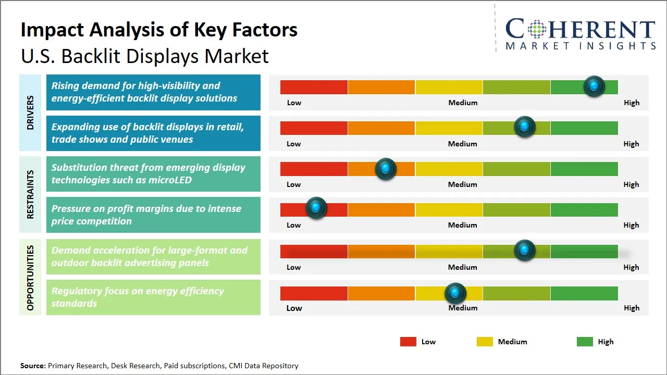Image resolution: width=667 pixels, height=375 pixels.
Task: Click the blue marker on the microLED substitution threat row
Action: [x=386, y=168]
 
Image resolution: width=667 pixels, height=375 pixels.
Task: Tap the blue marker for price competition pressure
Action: [x=316, y=208]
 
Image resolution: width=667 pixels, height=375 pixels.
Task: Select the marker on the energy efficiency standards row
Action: [x=455, y=294]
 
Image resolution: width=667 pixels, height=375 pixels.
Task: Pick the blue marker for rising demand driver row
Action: [x=594, y=86]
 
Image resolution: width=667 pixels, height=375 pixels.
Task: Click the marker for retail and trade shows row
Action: [x=525, y=127]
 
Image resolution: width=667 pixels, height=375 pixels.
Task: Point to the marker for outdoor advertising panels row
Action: [x=525, y=251]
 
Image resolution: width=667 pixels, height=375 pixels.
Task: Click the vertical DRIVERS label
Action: [x=30, y=113]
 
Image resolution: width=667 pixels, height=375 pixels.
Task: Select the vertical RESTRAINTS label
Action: [x=30, y=194]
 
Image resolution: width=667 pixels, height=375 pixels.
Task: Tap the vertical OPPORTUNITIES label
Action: [x=30, y=278]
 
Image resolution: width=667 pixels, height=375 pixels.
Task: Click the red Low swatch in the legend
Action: [x=408, y=342]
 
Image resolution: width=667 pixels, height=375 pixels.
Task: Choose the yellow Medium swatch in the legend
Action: [x=485, y=342]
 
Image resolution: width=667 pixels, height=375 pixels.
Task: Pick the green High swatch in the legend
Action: [x=585, y=342]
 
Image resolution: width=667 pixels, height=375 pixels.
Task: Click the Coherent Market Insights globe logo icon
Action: [x=537, y=29]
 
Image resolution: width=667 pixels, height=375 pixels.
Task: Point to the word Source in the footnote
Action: [x=33, y=366]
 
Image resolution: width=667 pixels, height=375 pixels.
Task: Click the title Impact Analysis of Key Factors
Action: [x=159, y=30]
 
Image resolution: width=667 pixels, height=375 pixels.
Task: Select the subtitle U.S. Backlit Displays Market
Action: [x=145, y=56]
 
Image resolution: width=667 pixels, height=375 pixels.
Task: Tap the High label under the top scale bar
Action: [x=631, y=103]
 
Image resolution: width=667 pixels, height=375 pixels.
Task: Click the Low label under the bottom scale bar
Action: [x=294, y=308]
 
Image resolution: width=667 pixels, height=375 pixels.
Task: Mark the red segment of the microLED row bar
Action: [x=314, y=169]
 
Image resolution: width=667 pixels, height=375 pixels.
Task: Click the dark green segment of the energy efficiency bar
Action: [x=584, y=294]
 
